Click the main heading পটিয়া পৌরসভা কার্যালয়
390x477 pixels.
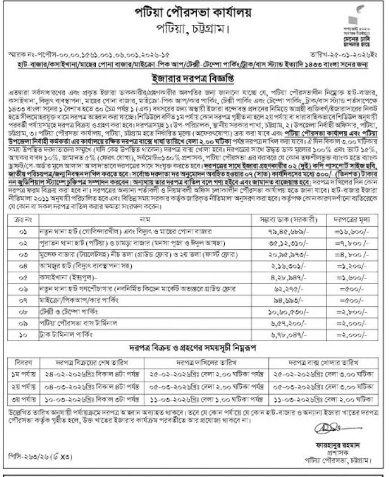click(195, 14)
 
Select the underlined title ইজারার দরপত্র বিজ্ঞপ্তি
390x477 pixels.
click(194, 78)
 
